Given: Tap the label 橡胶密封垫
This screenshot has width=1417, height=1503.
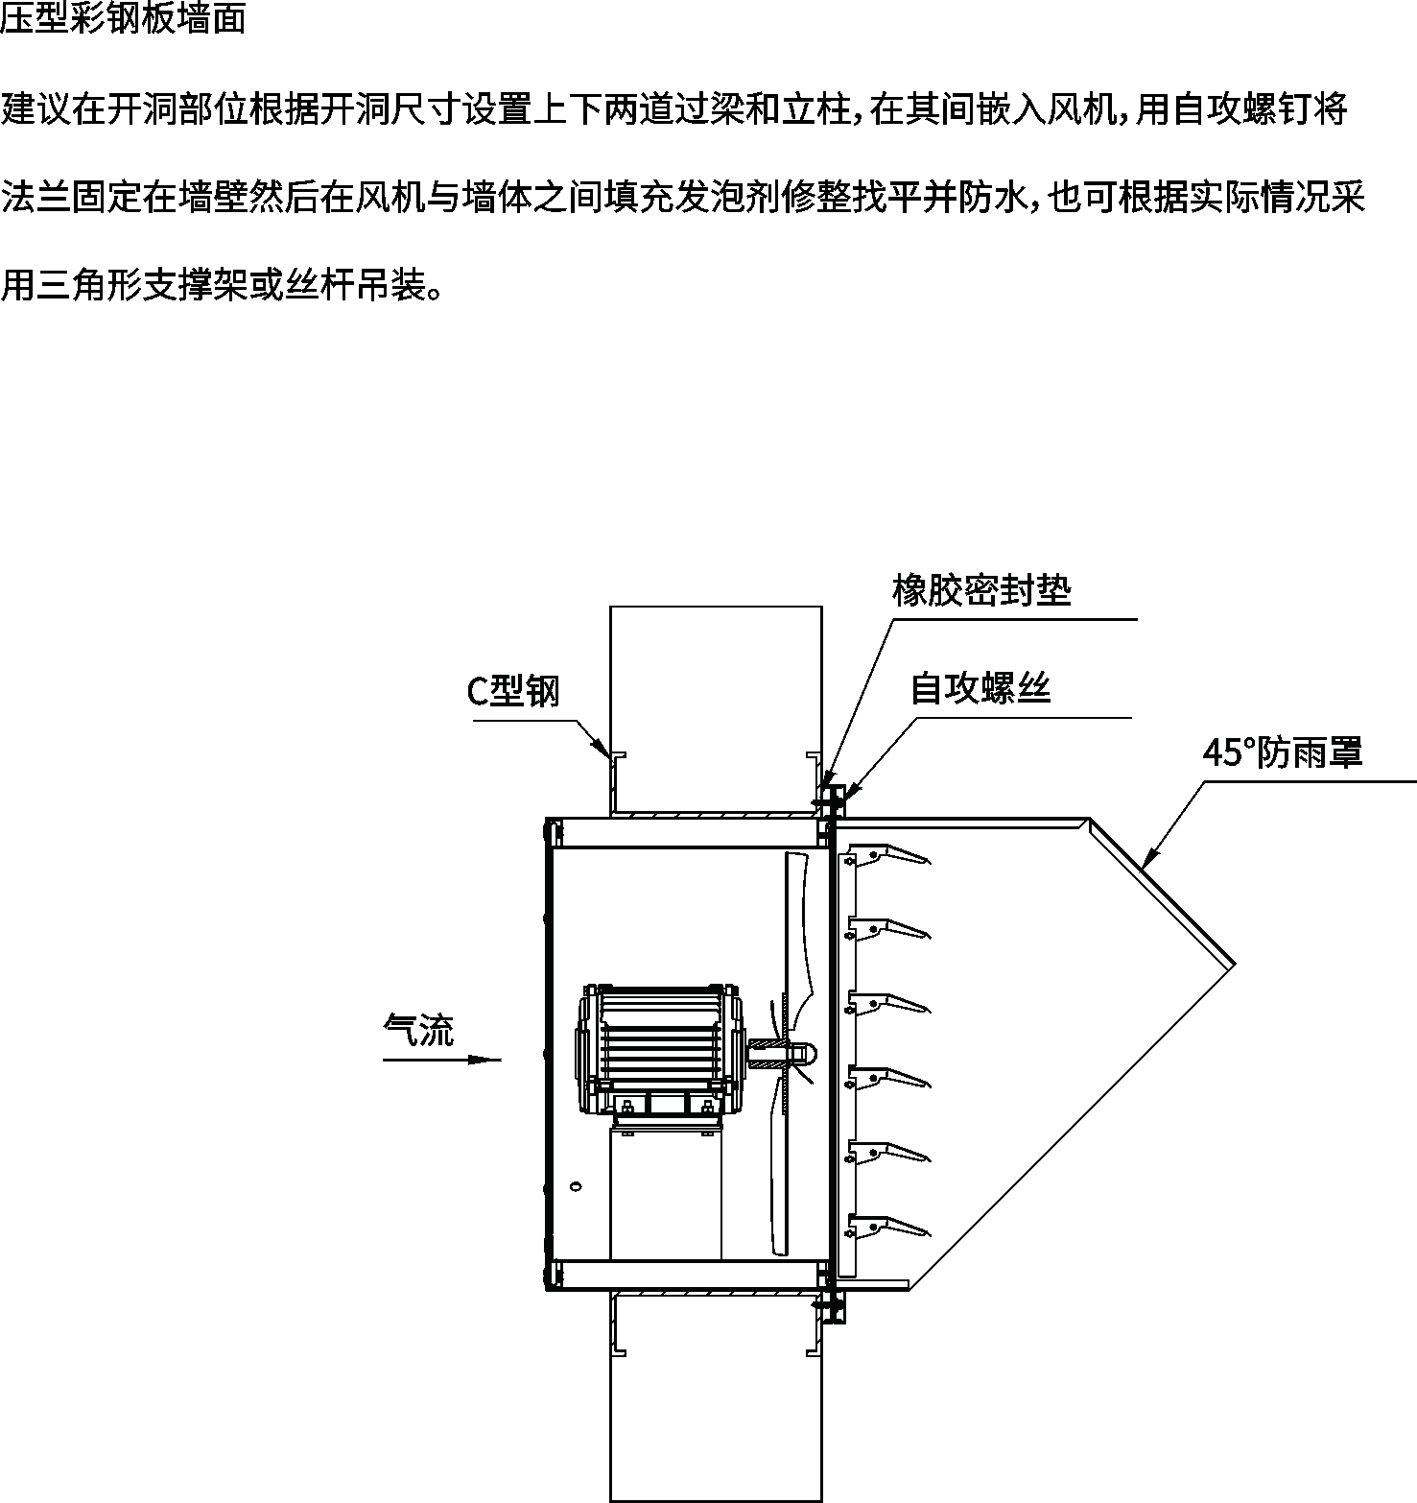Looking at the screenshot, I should pos(980,590).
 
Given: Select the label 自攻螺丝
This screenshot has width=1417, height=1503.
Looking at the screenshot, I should pos(980,688).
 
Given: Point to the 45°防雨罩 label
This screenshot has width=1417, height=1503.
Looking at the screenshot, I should pos(1283,752).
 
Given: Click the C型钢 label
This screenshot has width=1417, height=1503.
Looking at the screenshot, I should pos(512,691).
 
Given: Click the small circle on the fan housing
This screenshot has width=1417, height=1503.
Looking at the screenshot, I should pos(576,1185).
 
